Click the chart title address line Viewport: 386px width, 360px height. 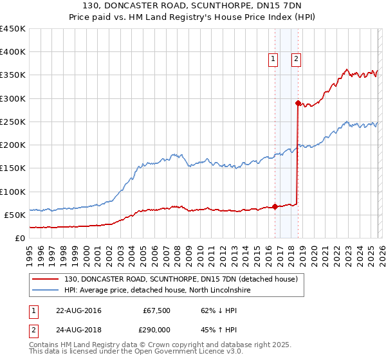coord(193,5)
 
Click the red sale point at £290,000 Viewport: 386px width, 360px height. coord(298,103)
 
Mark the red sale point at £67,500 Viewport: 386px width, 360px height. coord(275,206)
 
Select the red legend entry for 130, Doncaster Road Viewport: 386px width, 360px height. coord(181,280)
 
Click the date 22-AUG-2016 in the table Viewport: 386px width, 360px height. coord(78,310)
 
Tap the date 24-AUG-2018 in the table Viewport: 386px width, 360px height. coord(78,328)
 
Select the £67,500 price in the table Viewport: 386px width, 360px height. coord(156,310)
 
